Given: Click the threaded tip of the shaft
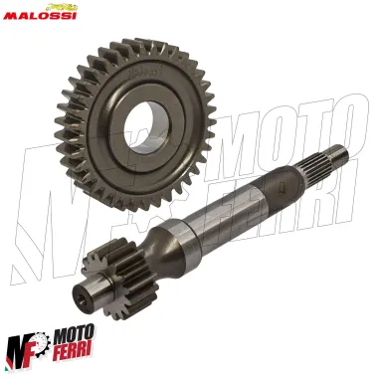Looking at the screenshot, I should (342, 155).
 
